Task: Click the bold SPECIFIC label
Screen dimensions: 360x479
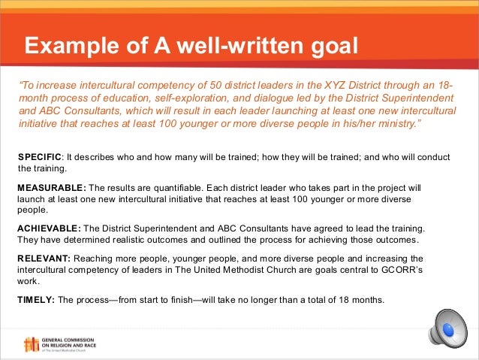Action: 40,156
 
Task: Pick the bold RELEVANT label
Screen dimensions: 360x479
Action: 44,258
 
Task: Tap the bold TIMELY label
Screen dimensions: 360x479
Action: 35,299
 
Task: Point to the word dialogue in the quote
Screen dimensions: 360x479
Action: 243,98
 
